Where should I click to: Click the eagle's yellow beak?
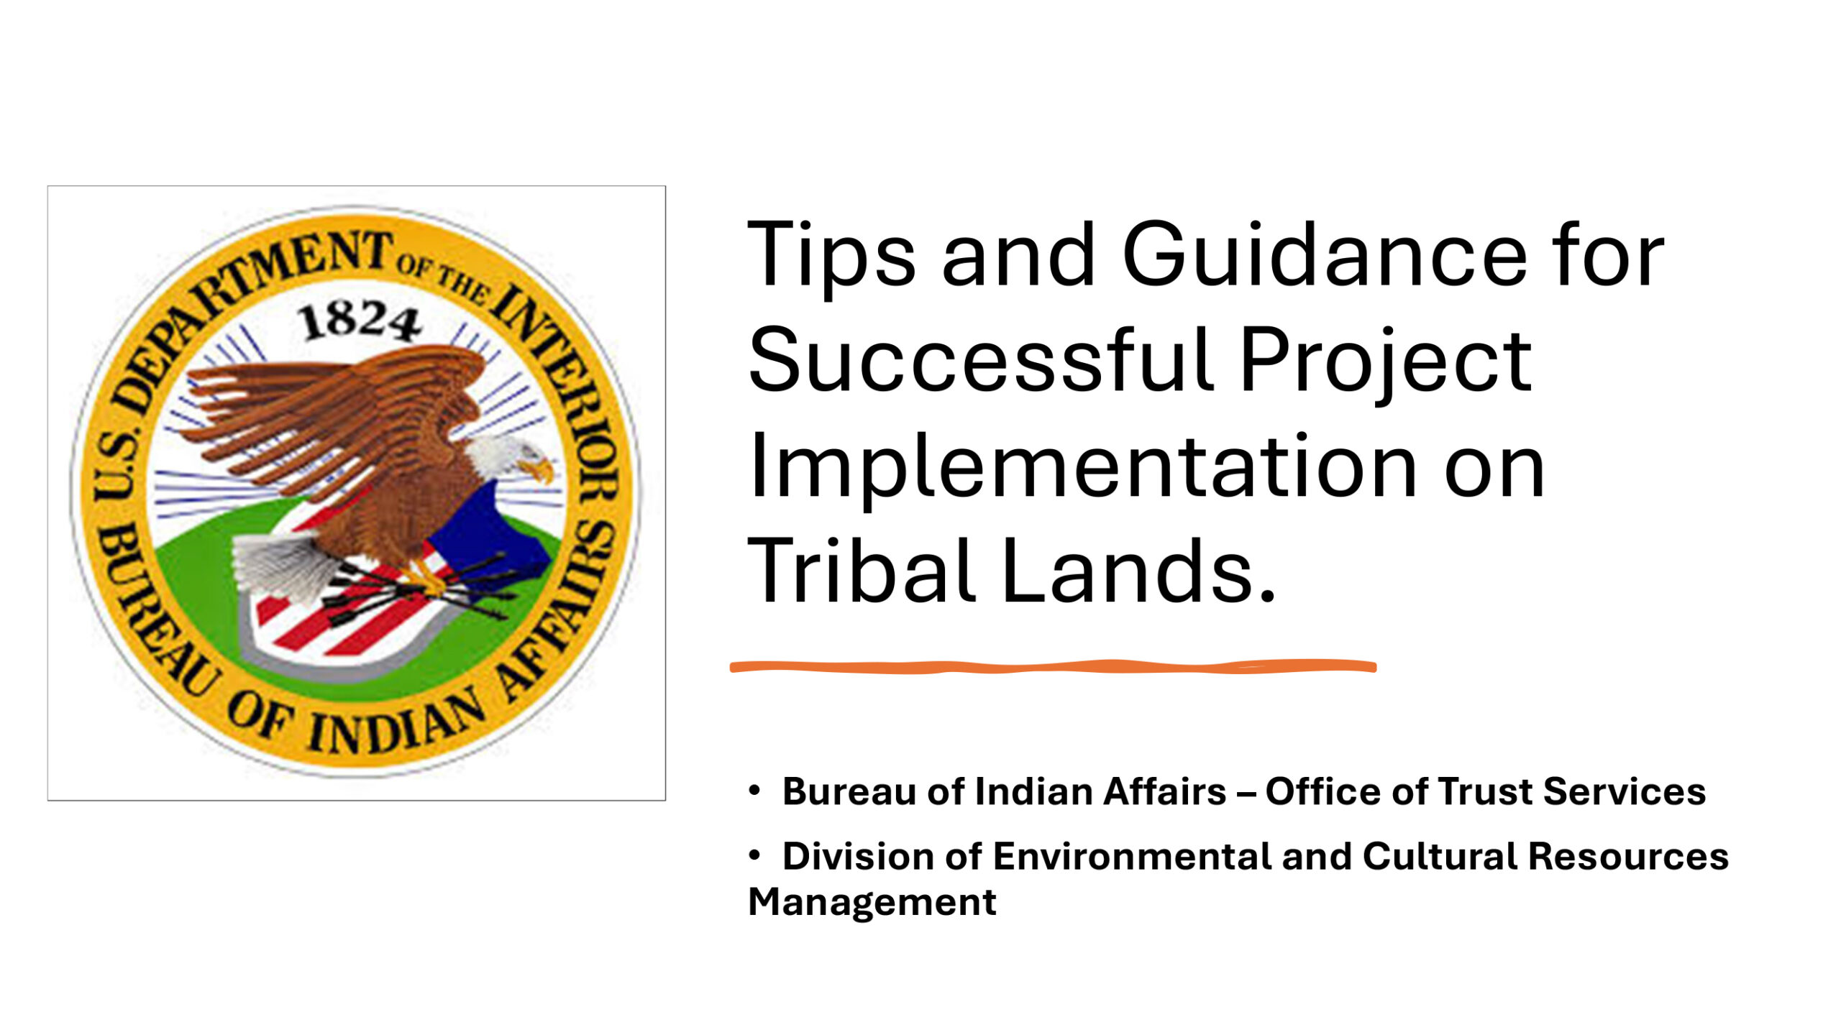pos(539,471)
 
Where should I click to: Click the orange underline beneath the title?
pos(1053,667)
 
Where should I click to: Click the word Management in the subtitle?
pos(872,903)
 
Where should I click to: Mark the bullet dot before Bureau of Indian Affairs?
pos(754,791)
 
